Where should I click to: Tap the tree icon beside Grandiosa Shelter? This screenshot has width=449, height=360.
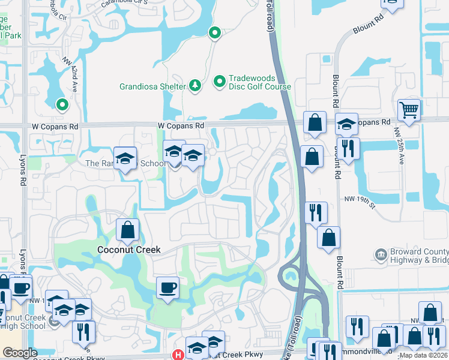coord(194,86)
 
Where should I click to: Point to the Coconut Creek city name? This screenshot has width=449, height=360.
coord(129,249)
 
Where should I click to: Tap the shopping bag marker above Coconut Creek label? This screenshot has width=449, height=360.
coord(128,230)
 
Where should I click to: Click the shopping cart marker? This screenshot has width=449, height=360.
coord(409,110)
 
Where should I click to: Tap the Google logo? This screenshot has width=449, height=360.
coord(20,353)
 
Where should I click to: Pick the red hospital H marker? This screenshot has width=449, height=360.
coord(178,355)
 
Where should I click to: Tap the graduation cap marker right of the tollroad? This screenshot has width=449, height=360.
coord(346,124)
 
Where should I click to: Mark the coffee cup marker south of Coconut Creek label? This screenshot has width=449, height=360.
coord(167,287)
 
